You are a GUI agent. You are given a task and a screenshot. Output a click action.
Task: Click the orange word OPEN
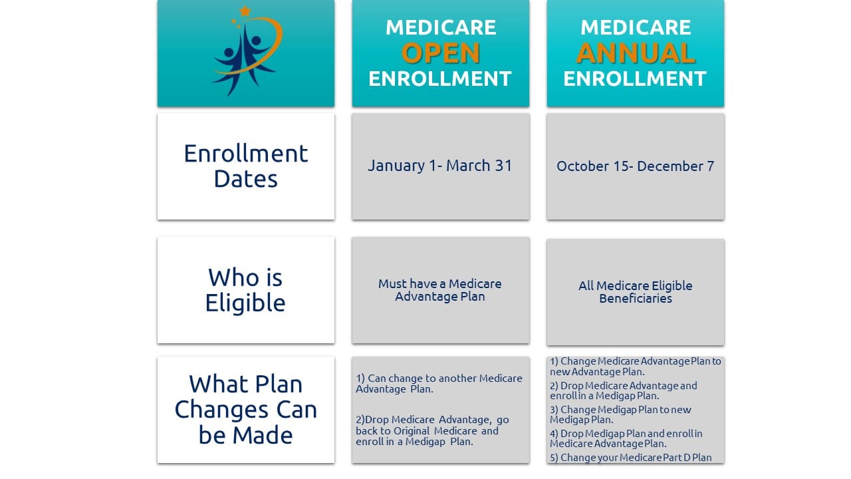440,53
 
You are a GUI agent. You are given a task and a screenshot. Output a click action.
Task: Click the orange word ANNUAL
636,53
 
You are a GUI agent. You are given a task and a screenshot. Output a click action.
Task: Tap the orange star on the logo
245,11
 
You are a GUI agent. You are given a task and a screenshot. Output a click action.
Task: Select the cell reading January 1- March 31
440,166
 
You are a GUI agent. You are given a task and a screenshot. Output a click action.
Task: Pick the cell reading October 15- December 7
635,166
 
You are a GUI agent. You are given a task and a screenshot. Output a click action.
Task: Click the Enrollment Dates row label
246,166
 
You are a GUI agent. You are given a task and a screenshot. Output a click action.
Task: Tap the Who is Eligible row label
245,290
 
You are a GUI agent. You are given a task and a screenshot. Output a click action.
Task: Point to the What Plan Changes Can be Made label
245,409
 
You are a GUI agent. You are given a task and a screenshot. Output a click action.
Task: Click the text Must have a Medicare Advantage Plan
440,290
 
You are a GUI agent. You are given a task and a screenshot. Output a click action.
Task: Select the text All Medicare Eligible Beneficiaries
635,291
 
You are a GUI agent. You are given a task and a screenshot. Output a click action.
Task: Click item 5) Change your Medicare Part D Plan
630,458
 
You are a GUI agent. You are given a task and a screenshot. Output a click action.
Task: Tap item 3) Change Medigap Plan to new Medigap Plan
620,414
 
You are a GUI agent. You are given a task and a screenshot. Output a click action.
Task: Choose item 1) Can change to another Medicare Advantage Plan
439,383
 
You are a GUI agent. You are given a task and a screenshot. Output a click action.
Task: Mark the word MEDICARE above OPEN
440,27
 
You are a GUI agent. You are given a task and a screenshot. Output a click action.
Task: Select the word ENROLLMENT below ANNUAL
635,79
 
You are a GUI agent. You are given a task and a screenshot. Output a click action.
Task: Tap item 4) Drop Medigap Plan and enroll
626,438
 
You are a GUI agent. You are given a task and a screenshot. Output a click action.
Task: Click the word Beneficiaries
635,299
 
